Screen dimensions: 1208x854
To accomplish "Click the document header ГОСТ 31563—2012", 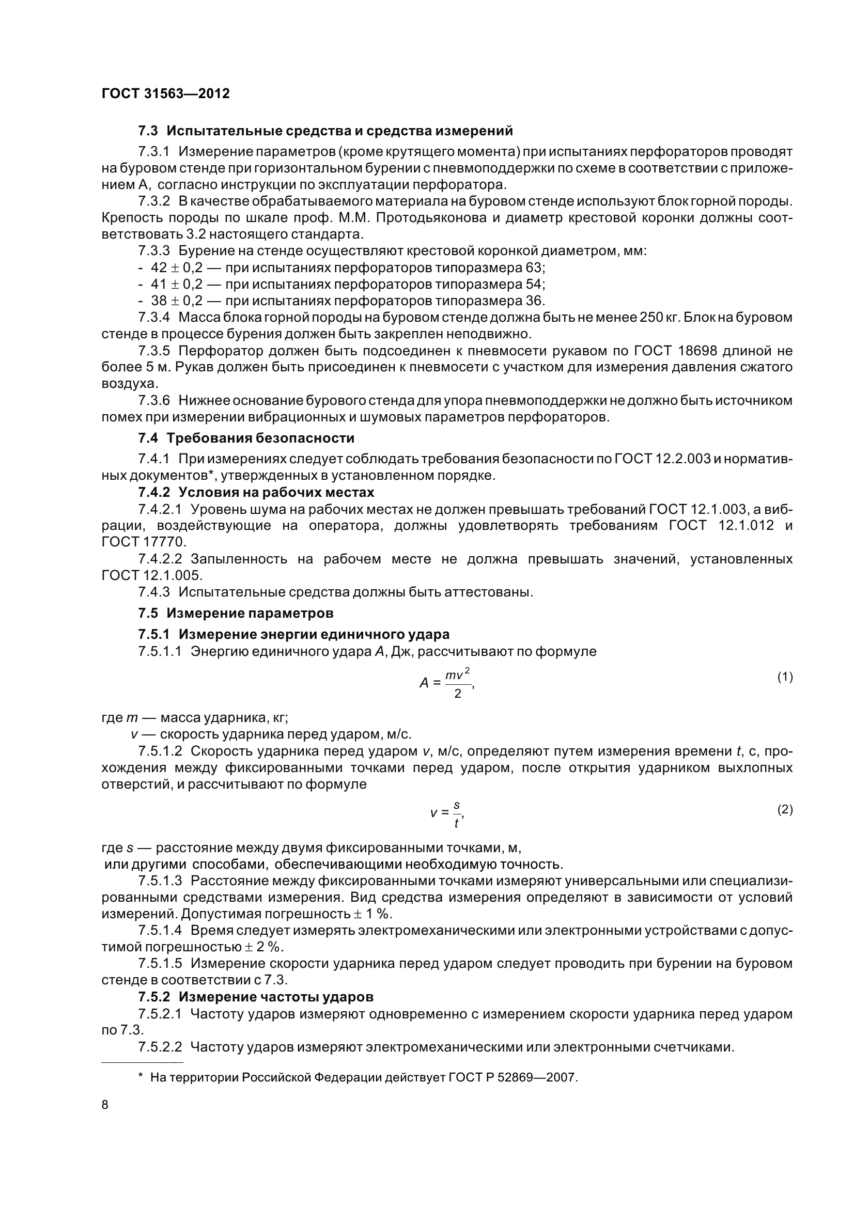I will tap(165, 93).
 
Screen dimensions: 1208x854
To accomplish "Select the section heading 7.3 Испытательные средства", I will tap(325, 131).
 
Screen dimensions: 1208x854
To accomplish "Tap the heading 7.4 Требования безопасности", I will tap(246, 438).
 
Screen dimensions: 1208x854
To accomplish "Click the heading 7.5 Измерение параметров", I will tap(235, 613).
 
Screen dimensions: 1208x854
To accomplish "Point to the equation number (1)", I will tap(785, 677).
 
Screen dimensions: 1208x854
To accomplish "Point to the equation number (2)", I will tap(785, 810).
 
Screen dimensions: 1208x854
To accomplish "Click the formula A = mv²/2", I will tap(447, 683).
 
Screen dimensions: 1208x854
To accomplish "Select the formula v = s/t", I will tap(447, 813).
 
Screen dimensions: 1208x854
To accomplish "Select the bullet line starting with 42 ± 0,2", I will tap(341, 268).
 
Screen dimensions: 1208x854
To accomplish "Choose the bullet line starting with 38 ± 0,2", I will tap(341, 301).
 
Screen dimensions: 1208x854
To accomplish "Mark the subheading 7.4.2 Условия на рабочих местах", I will tap(256, 493).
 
